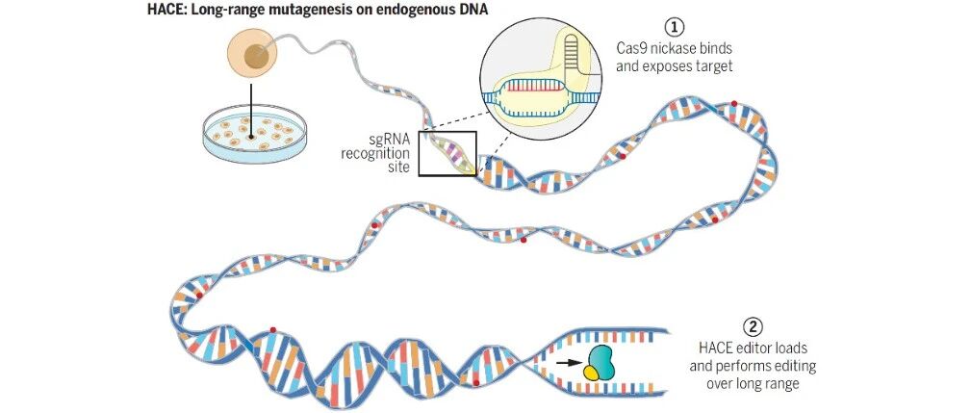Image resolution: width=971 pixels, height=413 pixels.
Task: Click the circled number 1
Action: (x=674, y=28)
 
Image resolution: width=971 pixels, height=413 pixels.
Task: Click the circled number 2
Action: (x=753, y=327)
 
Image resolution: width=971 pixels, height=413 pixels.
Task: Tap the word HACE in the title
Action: (x=163, y=10)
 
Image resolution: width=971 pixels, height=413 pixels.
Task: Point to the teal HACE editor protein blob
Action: (x=600, y=363)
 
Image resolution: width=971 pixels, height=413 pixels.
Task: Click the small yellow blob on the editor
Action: (x=592, y=372)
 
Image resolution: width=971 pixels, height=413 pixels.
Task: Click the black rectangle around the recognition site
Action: (x=419, y=154)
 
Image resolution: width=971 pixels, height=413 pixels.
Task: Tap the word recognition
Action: (x=375, y=153)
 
